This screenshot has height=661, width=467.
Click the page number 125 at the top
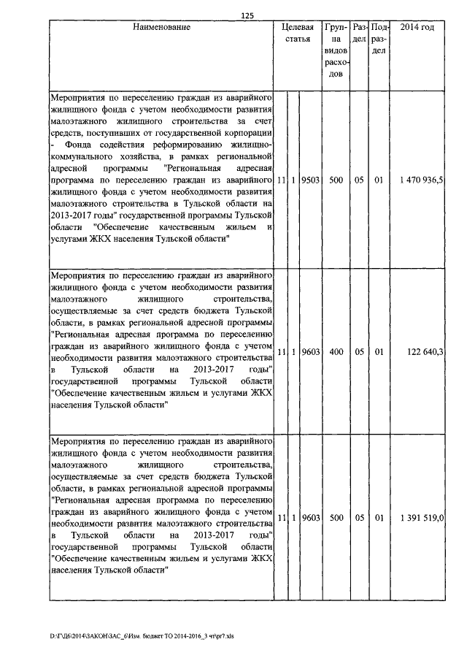coord(246,15)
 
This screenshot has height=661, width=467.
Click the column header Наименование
coord(161,28)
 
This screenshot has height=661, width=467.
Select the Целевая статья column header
coord(299,34)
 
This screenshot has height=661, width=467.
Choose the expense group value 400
coord(336,352)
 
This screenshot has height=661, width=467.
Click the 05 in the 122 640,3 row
coord(359,352)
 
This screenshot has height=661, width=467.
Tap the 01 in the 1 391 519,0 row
coord(379,517)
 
